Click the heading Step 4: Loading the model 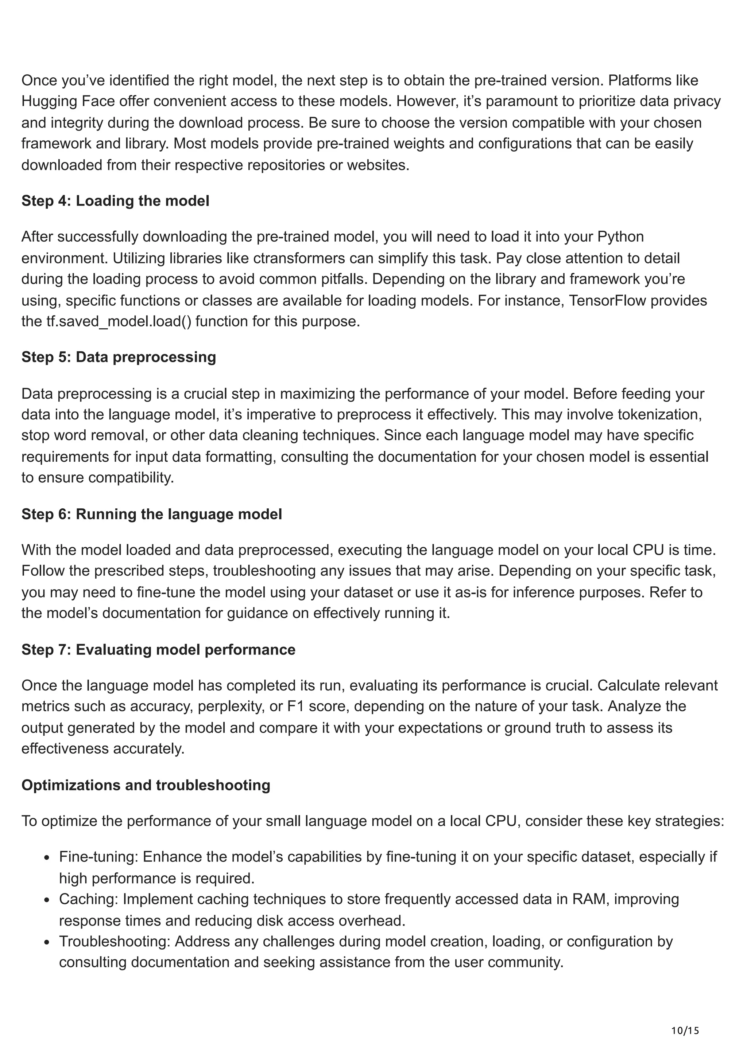coord(115,201)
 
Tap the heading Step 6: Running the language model coord(151,514)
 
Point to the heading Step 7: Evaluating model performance coord(158,649)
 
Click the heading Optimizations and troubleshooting coord(146,785)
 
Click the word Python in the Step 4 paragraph coord(620,237)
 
